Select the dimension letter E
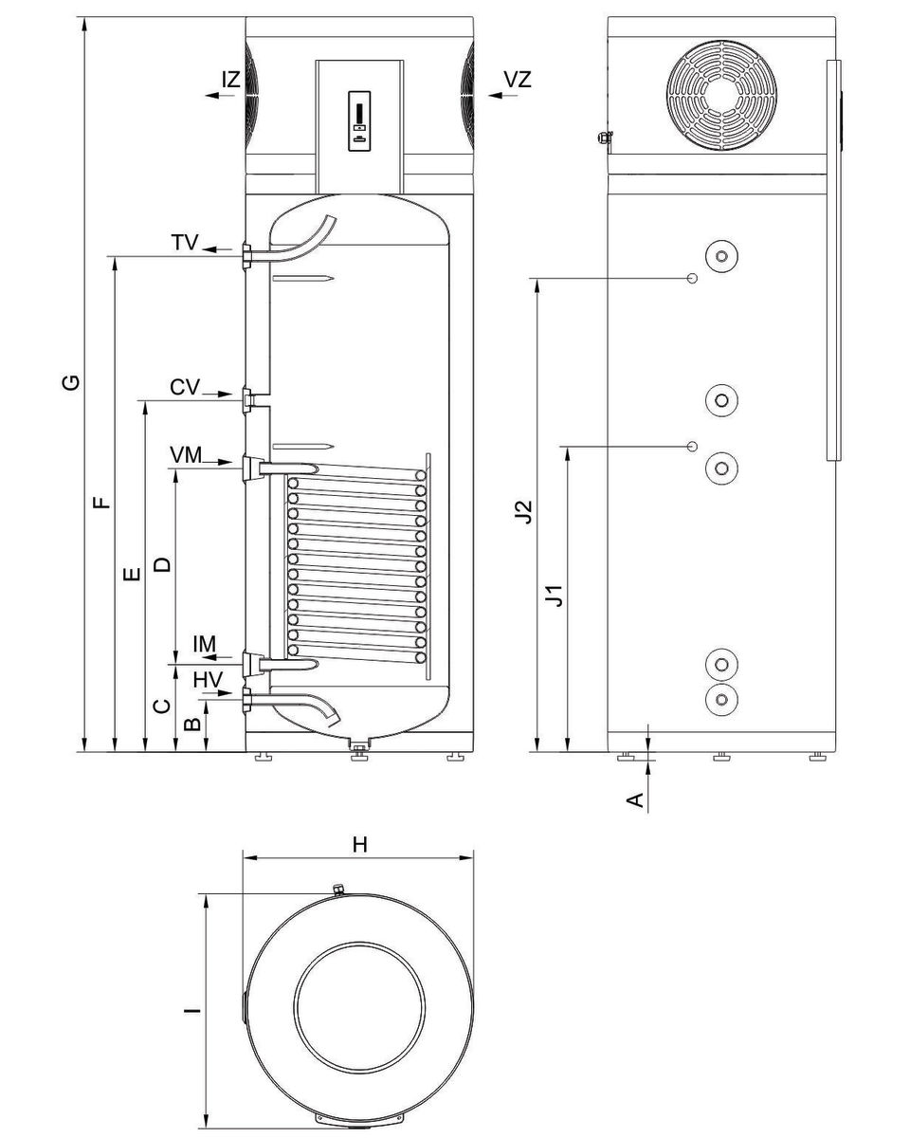pos(133,573)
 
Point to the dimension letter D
pos(163,563)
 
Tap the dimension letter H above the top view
pos(359,845)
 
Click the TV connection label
pos(185,243)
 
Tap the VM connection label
pos(187,455)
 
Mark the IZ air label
pos(231,80)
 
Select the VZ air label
pos(518,80)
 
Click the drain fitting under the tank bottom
pos(358,751)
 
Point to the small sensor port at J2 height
pos(692,278)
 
